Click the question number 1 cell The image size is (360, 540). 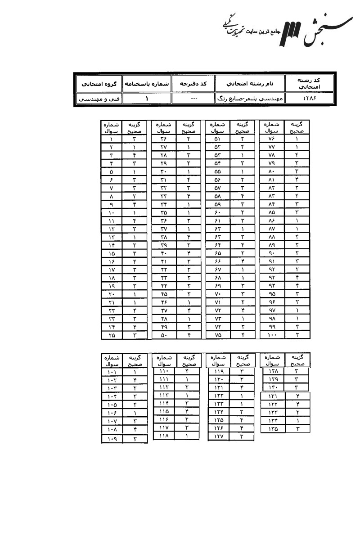click(x=111, y=139)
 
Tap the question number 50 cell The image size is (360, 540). click(x=163, y=335)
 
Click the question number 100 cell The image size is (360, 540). click(x=274, y=335)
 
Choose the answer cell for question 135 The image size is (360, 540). click(x=297, y=429)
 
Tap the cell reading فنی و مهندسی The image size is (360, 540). click(x=98, y=98)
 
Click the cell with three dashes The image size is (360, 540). click(x=193, y=98)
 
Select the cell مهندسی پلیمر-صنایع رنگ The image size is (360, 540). click(x=250, y=98)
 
